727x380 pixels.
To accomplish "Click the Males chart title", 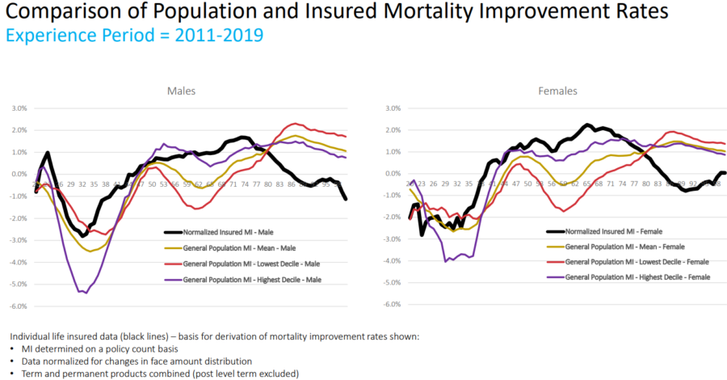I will point(181,91).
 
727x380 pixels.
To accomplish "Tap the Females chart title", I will point(557,91).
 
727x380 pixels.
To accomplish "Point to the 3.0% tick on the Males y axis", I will point(19,108).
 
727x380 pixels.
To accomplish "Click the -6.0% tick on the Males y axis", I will point(18,306).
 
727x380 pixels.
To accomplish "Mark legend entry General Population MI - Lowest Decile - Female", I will point(636,262).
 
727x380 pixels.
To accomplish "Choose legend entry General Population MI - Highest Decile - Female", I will point(637,277).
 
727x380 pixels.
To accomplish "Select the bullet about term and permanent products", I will point(155,374).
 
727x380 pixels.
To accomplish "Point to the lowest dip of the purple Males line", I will point(86,293).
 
